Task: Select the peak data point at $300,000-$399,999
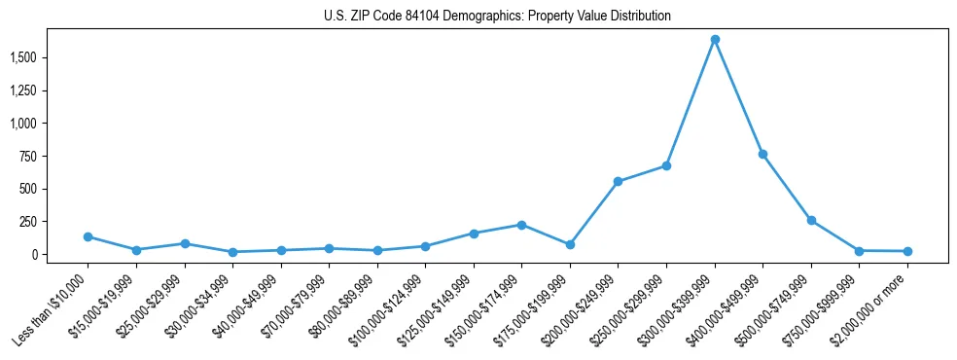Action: point(715,40)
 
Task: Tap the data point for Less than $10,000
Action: point(88,236)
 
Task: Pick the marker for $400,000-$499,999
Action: point(762,154)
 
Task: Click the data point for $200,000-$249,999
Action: point(618,181)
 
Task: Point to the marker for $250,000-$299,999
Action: point(666,165)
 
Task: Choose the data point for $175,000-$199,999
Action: point(570,244)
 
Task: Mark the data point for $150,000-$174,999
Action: point(521,225)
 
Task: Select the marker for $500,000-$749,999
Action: point(811,220)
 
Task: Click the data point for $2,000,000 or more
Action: point(907,251)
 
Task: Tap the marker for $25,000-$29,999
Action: point(184,243)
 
